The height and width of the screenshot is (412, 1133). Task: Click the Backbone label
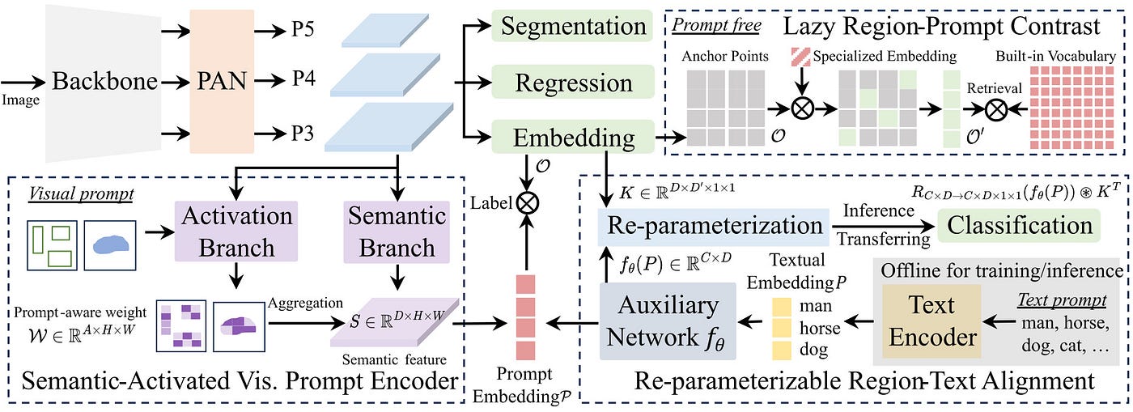104,81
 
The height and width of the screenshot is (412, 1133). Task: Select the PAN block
222,81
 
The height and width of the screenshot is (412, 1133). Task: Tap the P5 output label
303,29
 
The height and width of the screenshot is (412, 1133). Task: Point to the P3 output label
303,133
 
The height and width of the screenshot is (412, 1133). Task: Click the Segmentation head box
573,26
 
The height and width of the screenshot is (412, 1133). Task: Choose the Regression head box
573,83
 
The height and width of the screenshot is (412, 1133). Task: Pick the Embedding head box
573,137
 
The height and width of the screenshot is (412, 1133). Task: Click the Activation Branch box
236,231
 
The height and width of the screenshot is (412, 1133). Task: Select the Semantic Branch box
397,231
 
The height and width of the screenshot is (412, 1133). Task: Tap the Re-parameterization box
714,226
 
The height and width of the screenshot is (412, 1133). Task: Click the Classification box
1019,225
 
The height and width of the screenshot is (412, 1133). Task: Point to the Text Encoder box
931,321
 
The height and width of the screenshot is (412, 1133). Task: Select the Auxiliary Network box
668,321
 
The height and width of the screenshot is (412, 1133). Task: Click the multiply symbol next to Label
527,203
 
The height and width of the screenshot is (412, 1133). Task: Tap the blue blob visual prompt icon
110,245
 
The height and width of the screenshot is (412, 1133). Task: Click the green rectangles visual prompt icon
52,245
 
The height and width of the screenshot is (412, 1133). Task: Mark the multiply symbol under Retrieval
996,108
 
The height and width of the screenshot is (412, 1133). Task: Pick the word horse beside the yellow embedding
819,328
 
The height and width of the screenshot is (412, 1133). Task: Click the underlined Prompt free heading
716,25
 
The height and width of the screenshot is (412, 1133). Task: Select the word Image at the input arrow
20,100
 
